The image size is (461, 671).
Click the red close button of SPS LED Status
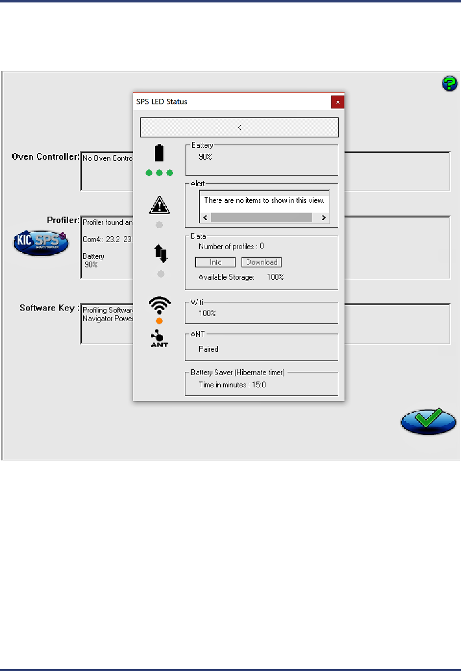click(338, 102)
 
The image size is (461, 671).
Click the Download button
click(261, 262)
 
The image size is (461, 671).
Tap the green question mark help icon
click(449, 83)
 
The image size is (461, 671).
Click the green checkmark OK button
click(428, 421)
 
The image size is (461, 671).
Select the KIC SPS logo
click(41, 242)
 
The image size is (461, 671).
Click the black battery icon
click(159, 153)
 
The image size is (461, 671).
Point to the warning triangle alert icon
click(160, 205)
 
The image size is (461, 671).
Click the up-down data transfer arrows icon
click(161, 254)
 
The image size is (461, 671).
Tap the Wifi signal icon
click(160, 305)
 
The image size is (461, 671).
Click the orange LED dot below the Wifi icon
click(159, 321)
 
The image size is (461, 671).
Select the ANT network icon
click(159, 338)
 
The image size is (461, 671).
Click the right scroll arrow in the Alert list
click(323, 217)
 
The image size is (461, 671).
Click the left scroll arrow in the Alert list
click(205, 217)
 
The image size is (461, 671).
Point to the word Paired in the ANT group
click(208, 349)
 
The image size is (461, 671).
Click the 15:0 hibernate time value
click(259, 385)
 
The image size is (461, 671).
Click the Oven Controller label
click(46, 157)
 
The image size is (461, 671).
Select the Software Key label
click(47, 308)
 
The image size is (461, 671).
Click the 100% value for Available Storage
click(275, 277)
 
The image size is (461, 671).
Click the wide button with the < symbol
click(239, 127)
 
